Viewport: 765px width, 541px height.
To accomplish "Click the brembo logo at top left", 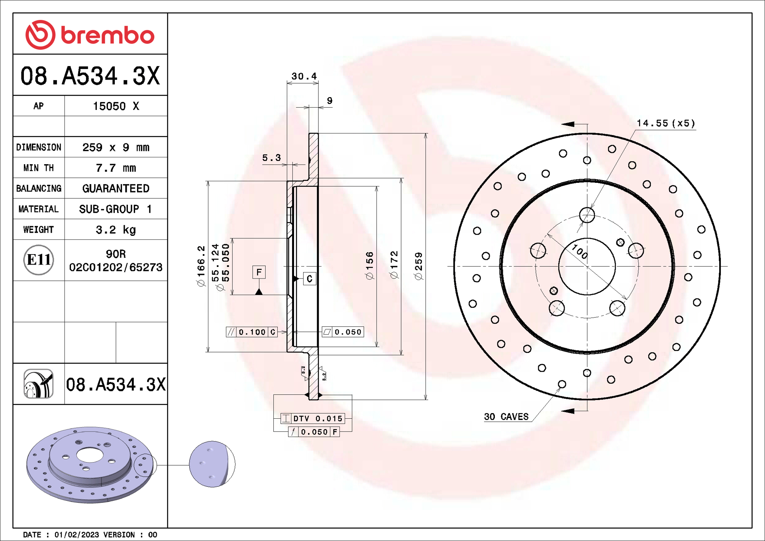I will (x=90, y=35).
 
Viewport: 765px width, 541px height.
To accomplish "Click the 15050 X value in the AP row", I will (x=116, y=106).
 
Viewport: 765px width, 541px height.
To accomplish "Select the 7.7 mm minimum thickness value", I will (x=116, y=168).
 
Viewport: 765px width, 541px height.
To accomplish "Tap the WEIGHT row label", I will (x=38, y=229).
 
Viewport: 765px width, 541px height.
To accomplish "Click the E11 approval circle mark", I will (x=38, y=260).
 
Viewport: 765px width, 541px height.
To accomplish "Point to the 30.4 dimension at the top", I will (x=304, y=76).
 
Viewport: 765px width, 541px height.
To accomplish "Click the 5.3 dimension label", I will (x=271, y=158).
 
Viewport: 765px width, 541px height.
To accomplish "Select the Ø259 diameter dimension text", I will (x=418, y=266).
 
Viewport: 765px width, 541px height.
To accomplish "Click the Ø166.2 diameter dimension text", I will (x=201, y=266).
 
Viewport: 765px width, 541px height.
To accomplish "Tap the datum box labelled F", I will (x=259, y=272).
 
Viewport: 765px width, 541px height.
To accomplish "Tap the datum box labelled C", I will (x=310, y=279).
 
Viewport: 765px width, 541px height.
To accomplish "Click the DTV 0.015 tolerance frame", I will (x=312, y=418).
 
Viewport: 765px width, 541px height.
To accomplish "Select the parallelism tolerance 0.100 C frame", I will (x=252, y=332).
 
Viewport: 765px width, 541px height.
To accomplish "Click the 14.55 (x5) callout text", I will (x=665, y=123).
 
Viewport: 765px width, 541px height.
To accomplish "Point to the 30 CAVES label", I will (x=506, y=417).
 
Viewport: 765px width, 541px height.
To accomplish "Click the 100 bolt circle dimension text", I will (x=580, y=252).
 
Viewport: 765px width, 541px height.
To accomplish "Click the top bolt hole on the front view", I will (x=587, y=215).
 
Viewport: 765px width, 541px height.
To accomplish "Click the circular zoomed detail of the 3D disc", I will (x=212, y=464).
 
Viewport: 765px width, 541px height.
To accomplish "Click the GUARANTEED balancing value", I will (x=116, y=188).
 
